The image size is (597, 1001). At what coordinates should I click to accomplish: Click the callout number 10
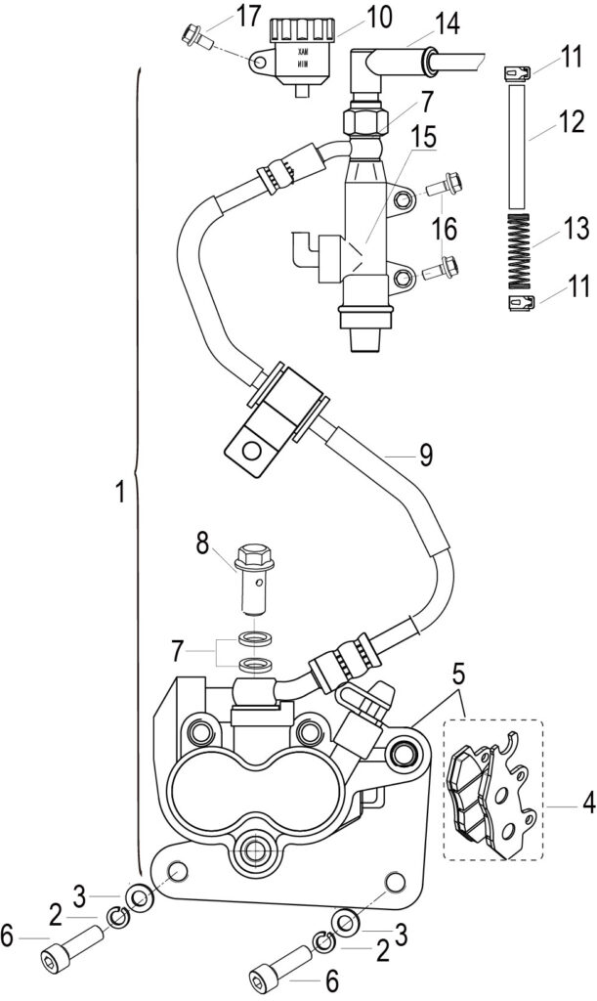pyautogui.click(x=378, y=18)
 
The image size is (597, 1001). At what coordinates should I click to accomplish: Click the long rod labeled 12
pyautogui.click(x=517, y=149)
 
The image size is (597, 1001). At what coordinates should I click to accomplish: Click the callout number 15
pyautogui.click(x=424, y=137)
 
